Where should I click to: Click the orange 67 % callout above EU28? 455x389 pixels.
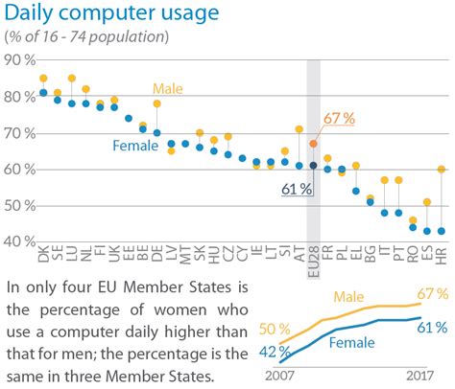click(340, 118)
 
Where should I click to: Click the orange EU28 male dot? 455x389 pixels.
click(313, 144)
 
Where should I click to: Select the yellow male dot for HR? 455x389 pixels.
click(441, 170)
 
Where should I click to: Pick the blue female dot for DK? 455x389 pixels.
click(43, 93)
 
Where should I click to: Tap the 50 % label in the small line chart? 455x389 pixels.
click(269, 330)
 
